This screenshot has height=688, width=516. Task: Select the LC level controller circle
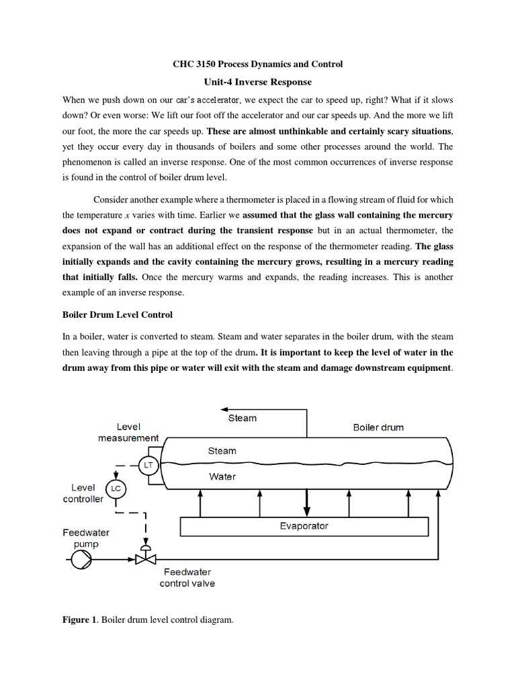[x=116, y=488]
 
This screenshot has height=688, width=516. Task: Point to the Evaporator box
[x=304, y=526]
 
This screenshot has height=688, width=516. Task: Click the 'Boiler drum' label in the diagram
[x=378, y=427]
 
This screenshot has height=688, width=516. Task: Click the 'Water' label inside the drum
[x=222, y=476]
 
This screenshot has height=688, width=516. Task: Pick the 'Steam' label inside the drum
[x=222, y=451]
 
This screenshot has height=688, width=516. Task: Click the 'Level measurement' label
[x=128, y=432]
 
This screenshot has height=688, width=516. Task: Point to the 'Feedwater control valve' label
[x=187, y=578]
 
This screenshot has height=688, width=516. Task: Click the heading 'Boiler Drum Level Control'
[x=117, y=314]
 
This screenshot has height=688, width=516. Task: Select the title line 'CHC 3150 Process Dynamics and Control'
[x=258, y=64]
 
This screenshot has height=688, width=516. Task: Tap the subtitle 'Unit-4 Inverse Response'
[x=258, y=82]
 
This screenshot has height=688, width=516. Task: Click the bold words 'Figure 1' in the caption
[x=75, y=620]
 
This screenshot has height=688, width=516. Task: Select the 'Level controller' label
[x=83, y=493]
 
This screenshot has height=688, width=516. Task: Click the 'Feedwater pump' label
[x=86, y=537]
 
